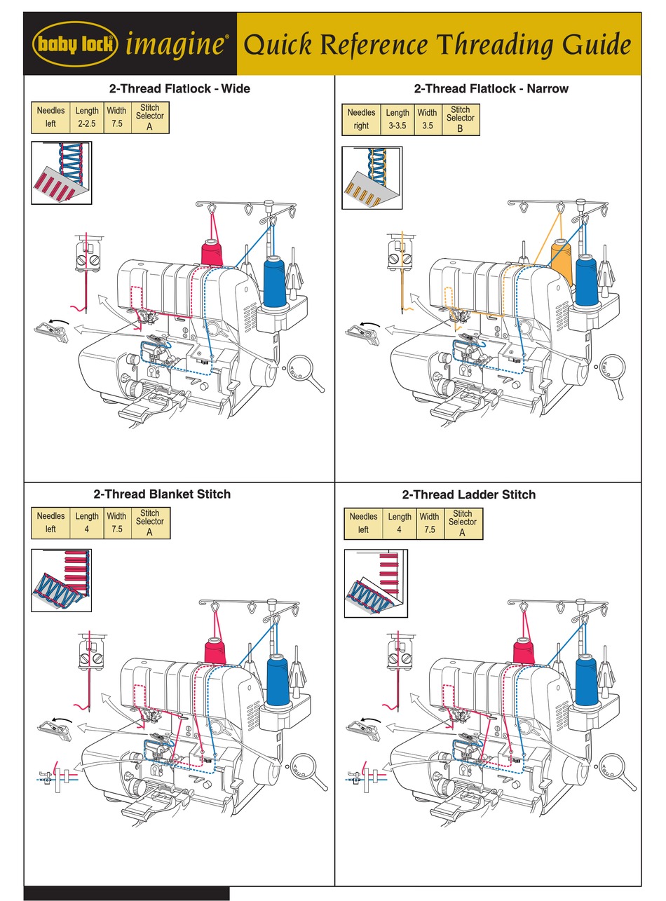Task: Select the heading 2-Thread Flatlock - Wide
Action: (179, 89)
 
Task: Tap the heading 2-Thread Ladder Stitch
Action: (469, 494)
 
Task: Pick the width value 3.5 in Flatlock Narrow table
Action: (428, 126)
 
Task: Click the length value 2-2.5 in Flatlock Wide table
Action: (87, 123)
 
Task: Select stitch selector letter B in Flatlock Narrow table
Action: (461, 128)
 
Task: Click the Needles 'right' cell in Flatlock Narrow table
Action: (361, 126)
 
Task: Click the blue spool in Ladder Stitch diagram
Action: (586, 679)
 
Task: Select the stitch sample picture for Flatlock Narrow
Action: (372, 178)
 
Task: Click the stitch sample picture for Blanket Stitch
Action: (62, 580)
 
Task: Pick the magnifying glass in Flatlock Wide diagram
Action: (304, 369)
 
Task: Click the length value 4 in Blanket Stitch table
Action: (87, 529)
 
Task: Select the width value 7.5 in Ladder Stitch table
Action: (430, 530)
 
